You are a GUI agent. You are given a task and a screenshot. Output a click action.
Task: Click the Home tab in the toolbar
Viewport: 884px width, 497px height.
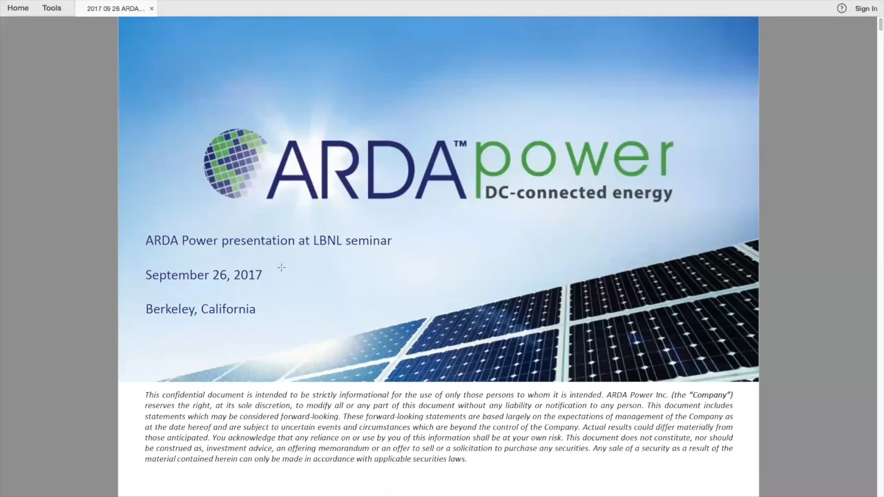click(18, 8)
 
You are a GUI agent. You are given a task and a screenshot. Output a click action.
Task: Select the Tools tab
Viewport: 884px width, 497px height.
click(52, 8)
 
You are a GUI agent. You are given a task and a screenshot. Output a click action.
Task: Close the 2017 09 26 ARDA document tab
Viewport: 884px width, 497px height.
click(151, 8)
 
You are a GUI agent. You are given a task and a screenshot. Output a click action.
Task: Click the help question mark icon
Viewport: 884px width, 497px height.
click(841, 8)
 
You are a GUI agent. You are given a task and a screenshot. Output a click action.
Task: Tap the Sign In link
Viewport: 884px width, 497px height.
click(865, 8)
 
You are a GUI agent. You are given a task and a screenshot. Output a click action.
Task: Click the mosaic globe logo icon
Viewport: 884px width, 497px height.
click(235, 164)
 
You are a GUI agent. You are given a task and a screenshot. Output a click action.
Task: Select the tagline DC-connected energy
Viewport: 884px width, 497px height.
click(578, 193)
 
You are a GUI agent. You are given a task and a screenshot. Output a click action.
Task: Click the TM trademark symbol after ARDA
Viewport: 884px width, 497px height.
click(460, 144)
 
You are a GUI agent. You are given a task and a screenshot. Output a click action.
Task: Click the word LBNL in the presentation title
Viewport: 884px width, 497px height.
click(327, 240)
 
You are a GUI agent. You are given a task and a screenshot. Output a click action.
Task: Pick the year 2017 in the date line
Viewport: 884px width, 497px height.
click(247, 275)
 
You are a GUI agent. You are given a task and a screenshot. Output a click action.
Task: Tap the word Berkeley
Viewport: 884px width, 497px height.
click(171, 309)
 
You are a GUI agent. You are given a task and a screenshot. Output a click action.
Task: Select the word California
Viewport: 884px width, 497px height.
click(228, 309)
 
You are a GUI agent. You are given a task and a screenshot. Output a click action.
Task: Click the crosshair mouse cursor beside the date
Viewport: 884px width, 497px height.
click(281, 268)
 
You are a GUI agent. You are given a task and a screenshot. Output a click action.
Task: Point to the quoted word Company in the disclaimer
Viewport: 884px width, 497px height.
click(710, 395)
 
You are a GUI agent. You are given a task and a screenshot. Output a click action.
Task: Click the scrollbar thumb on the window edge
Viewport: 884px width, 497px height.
click(881, 25)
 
